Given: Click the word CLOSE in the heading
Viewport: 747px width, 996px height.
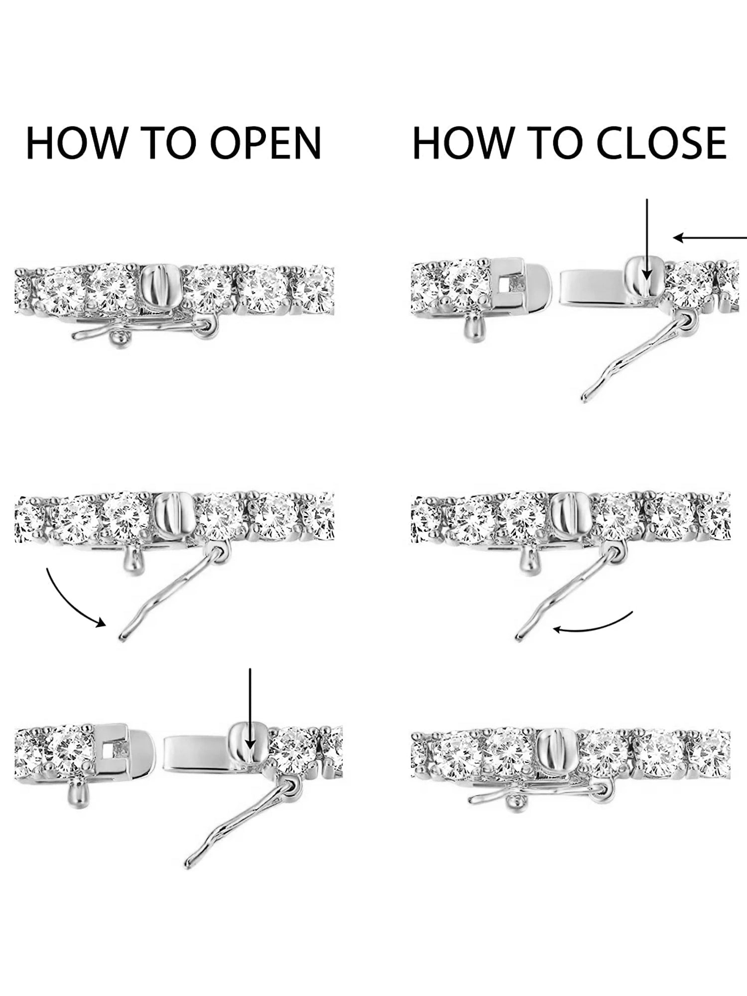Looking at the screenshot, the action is (661, 143).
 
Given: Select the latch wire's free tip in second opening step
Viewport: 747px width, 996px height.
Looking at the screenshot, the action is (122, 638).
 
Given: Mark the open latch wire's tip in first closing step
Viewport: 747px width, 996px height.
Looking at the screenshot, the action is (585, 398).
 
